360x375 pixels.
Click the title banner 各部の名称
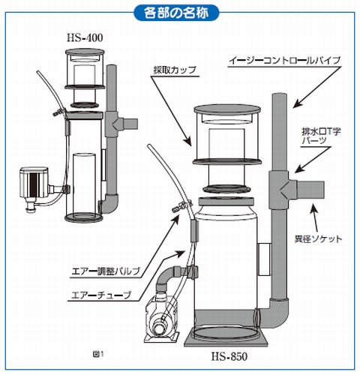pos(179,13)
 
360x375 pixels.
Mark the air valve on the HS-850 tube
pos(178,207)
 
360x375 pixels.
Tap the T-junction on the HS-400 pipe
pos(115,120)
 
